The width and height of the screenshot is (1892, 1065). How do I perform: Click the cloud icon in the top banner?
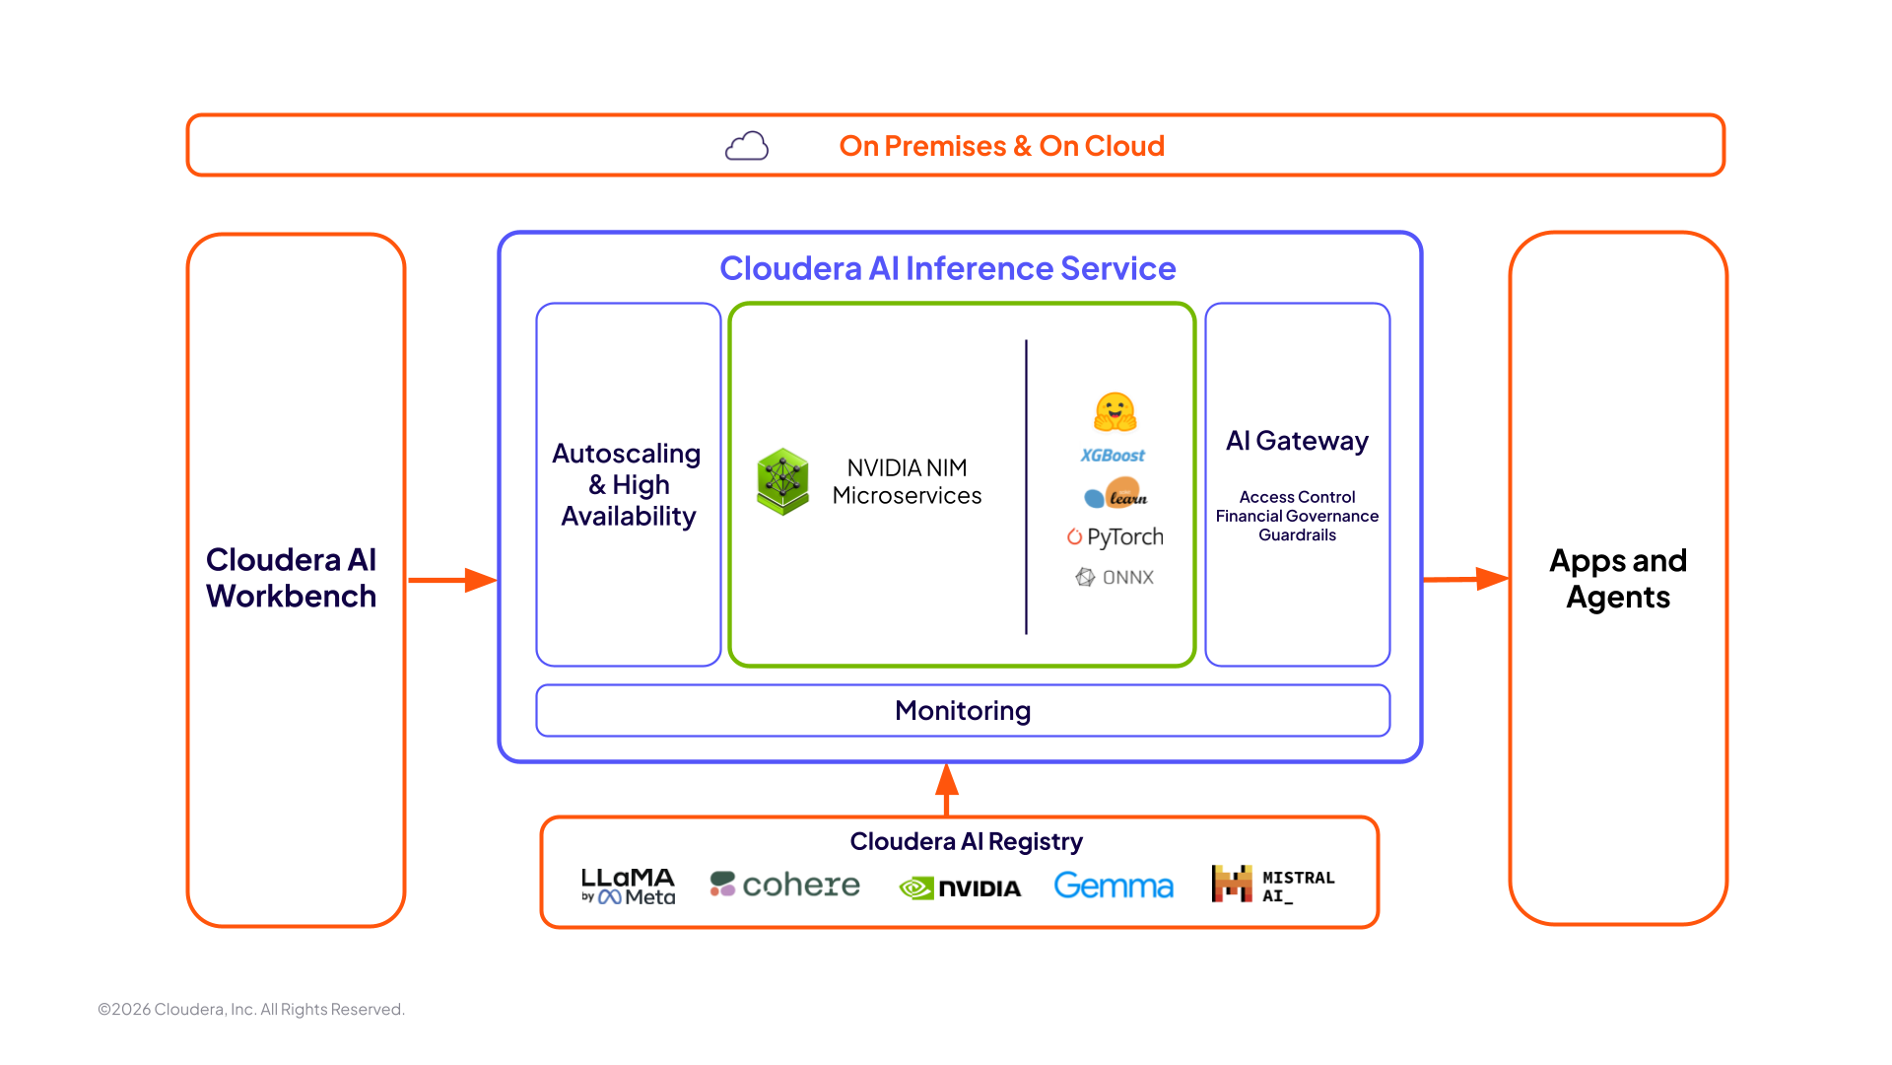[747, 146]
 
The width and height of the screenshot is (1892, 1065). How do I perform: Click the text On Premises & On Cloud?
[1001, 146]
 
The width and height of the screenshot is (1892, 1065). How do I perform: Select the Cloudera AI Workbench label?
[291, 578]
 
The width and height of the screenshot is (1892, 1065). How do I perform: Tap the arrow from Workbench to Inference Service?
[452, 580]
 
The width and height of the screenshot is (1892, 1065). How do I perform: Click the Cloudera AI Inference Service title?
[947, 268]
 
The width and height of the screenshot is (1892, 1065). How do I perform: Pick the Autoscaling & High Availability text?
[628, 484]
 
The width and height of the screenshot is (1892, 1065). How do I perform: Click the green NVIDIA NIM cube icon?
[782, 481]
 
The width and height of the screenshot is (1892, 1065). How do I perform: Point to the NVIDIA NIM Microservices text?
[907, 481]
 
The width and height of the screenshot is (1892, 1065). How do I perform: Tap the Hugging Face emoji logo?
[1115, 411]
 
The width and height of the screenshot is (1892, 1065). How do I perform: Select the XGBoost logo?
[1113, 456]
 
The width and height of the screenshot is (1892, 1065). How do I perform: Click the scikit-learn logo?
[1115, 494]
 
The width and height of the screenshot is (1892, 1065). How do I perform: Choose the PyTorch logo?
[1115, 537]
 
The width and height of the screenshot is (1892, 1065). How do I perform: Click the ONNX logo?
[1115, 577]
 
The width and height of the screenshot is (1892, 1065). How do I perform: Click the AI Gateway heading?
[1297, 441]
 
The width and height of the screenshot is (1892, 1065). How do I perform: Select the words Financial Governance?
[1297, 516]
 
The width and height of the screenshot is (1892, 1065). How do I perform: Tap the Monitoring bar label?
[963, 710]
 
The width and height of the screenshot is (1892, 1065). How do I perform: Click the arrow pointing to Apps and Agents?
[1465, 579]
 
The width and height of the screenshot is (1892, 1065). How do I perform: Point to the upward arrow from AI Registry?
[947, 789]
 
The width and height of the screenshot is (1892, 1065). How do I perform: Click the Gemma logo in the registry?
[1114, 886]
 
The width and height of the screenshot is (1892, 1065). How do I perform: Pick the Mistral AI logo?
[1272, 885]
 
